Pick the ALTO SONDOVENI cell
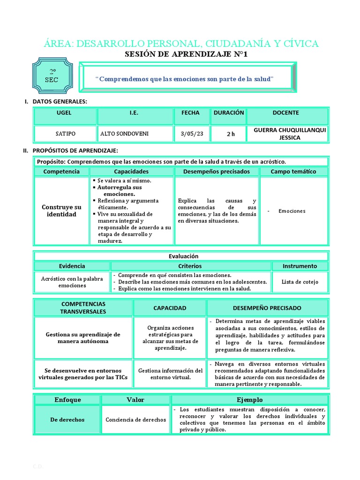(x=124, y=134)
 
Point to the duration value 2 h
(x=230, y=134)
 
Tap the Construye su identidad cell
(x=61, y=210)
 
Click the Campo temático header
(x=293, y=172)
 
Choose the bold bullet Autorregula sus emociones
(x=119, y=190)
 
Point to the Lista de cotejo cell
(x=300, y=282)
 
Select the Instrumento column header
(x=300, y=266)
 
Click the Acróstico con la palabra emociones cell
(x=72, y=282)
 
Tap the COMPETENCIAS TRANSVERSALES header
(x=83, y=307)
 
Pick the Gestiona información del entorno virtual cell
(x=170, y=374)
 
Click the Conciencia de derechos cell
(x=136, y=420)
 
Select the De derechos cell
(x=67, y=420)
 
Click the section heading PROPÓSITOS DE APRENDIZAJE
(x=75, y=150)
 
